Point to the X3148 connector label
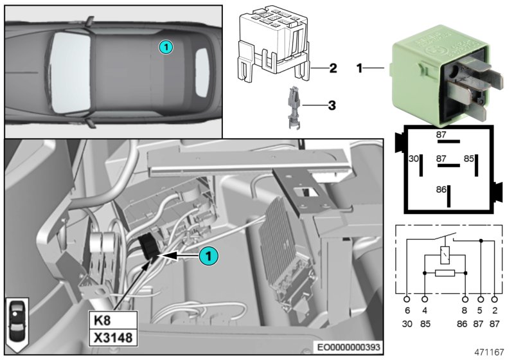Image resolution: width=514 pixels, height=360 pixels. click(113, 337)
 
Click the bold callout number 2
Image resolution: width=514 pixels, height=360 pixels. click(333, 67)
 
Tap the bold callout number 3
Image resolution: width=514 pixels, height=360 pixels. click(332, 105)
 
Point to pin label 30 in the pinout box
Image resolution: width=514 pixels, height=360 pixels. click(414, 158)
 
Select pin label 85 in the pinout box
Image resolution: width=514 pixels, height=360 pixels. click(469, 158)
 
